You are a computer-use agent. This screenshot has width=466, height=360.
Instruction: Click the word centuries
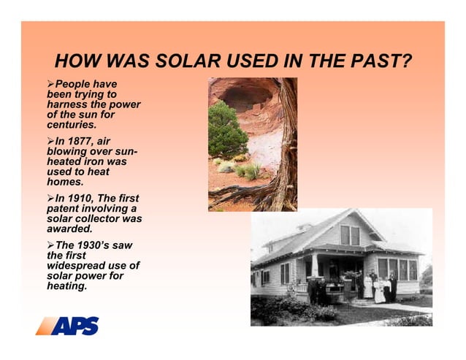coord(72,125)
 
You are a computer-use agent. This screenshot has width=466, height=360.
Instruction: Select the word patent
coord(64,209)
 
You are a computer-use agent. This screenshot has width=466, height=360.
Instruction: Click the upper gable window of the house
coord(349,234)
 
